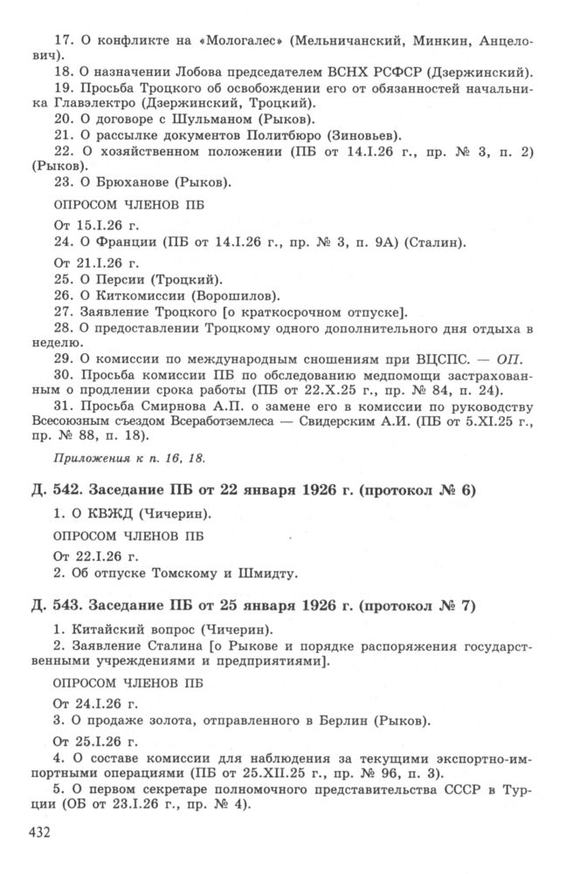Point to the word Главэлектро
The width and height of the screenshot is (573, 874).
[x=107, y=103]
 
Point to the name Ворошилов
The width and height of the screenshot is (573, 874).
[x=238, y=297]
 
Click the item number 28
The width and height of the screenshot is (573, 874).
[x=63, y=327]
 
